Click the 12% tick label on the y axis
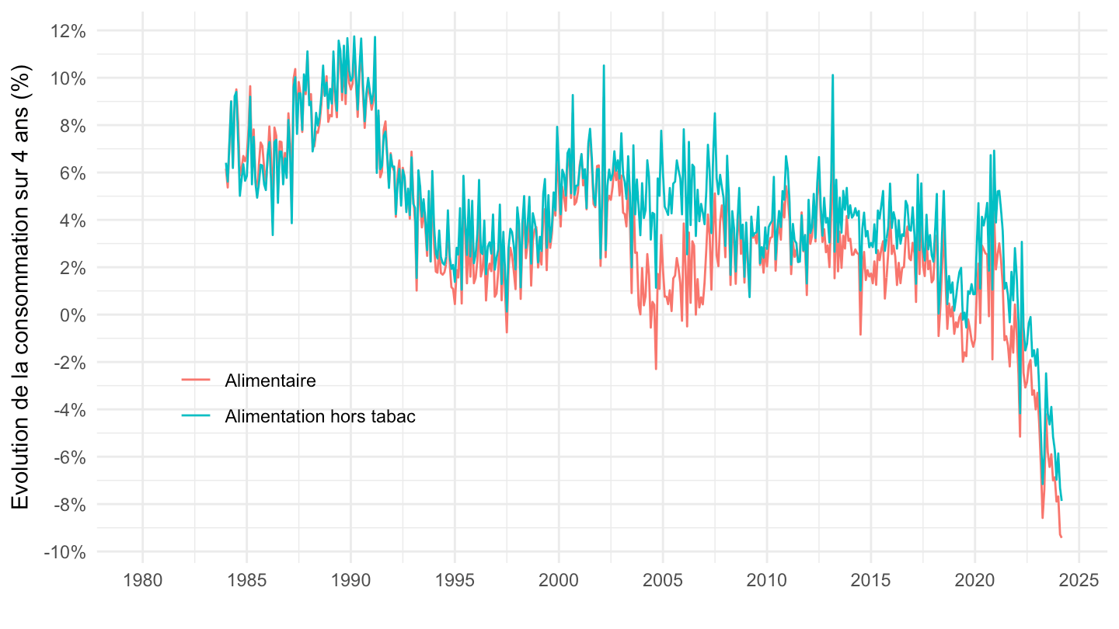(x=69, y=31)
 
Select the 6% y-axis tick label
(x=73, y=173)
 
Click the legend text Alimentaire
(x=270, y=381)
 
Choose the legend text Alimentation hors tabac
(x=320, y=416)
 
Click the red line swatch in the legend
(x=196, y=381)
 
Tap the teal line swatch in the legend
(x=196, y=416)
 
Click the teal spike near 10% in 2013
(x=832, y=75)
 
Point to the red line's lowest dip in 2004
(x=656, y=368)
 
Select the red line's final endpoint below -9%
(x=1061, y=537)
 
